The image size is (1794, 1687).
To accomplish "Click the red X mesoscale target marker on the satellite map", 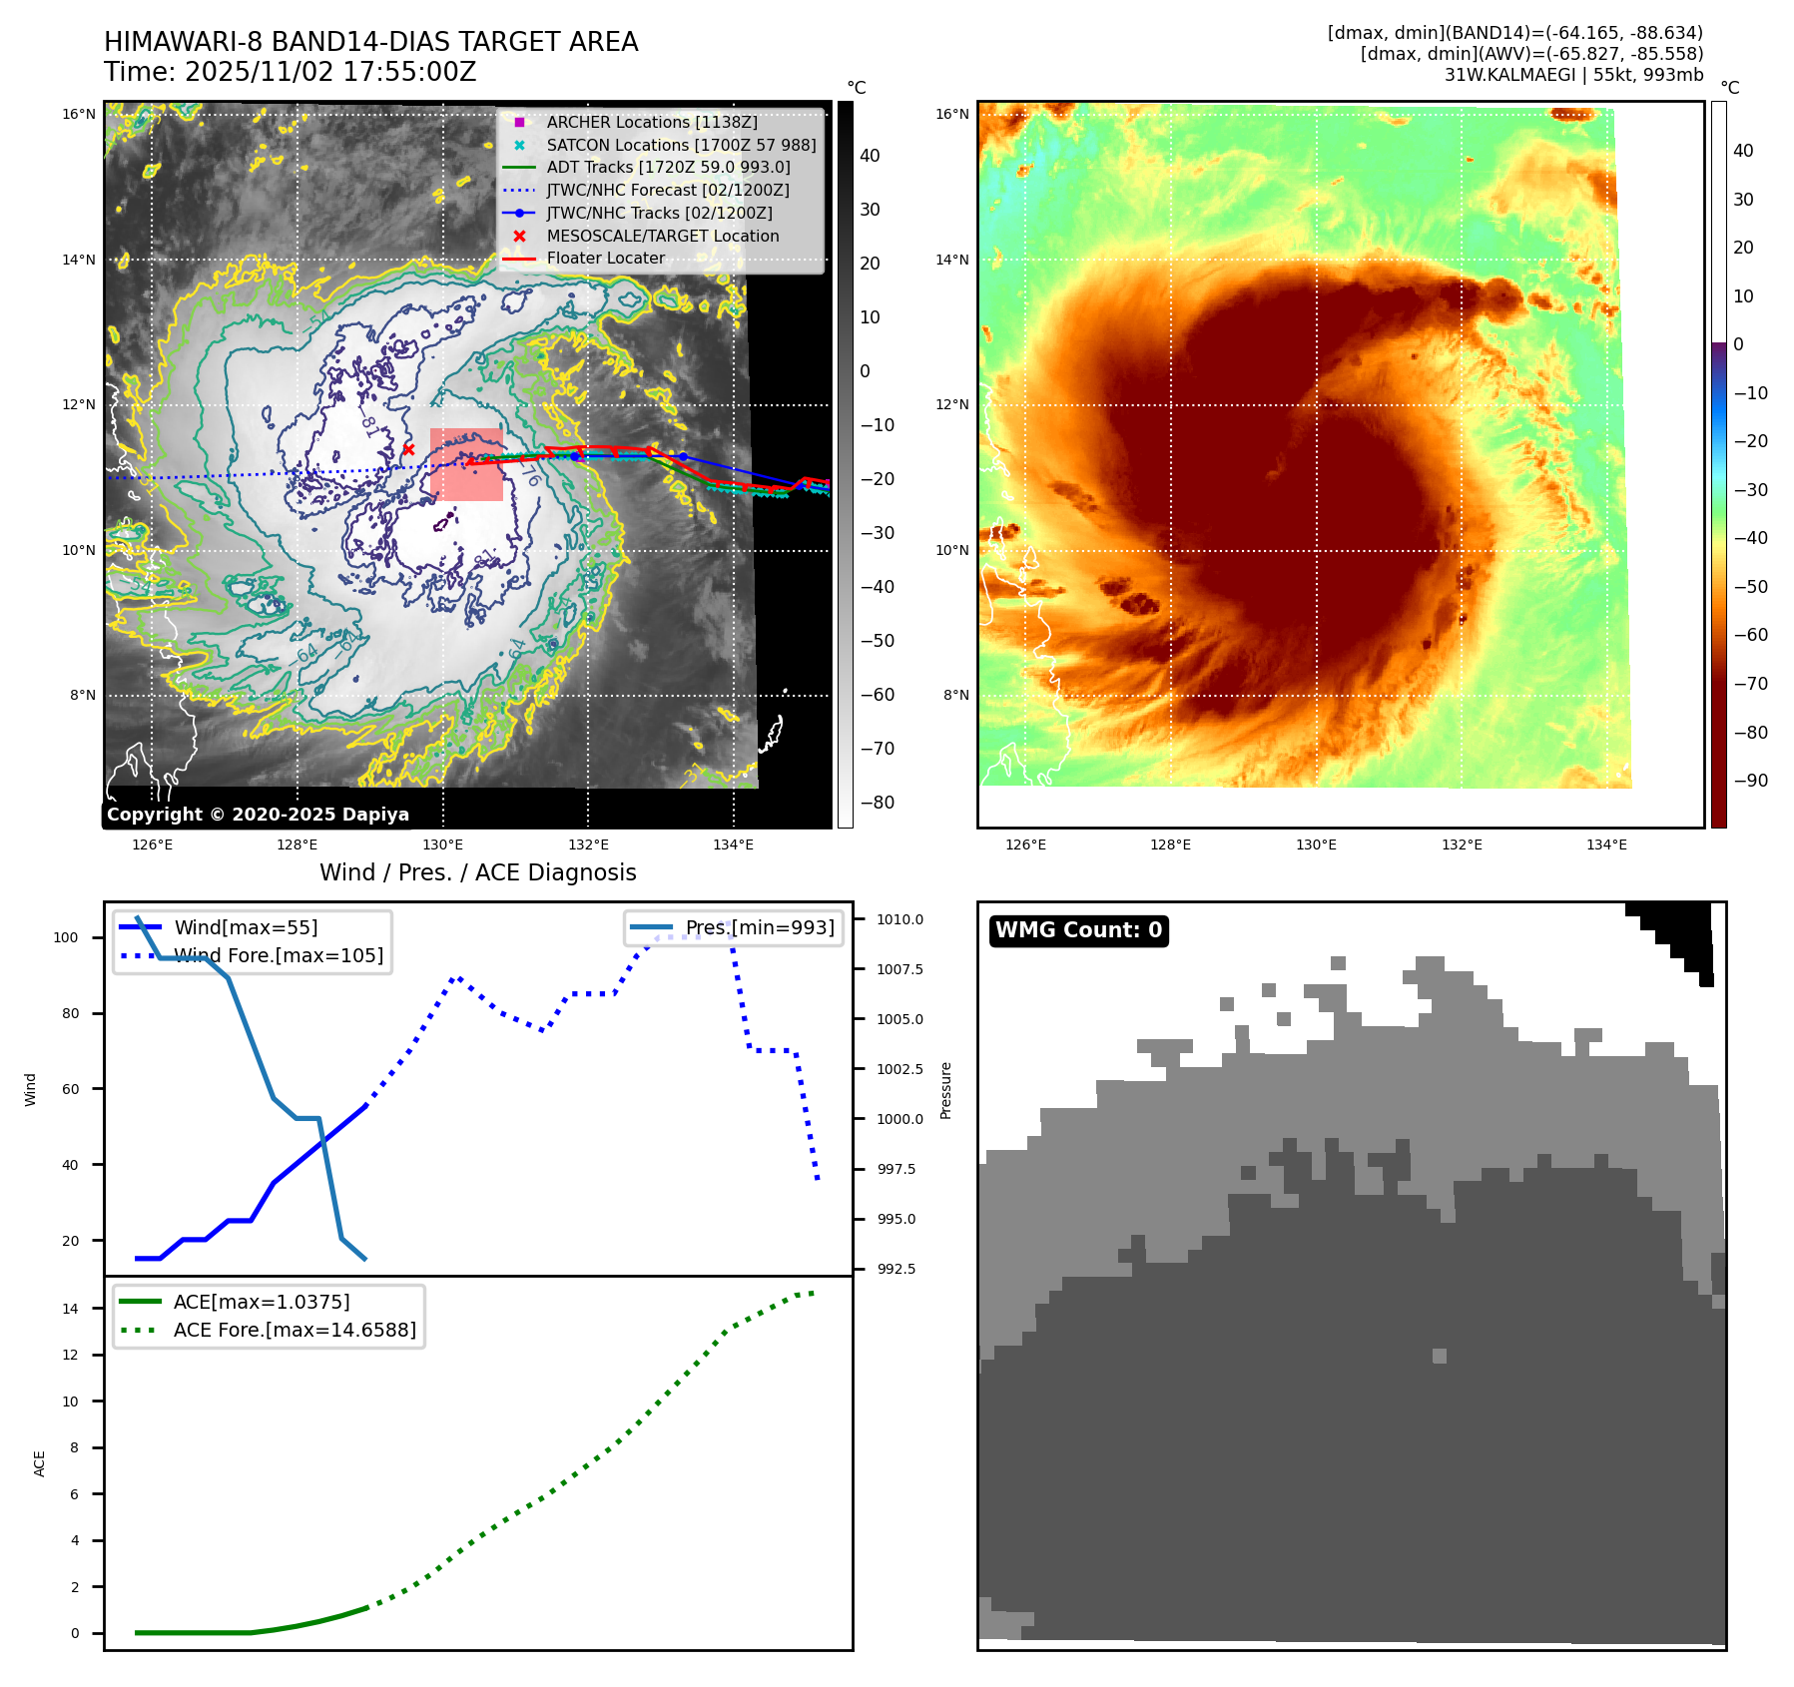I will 408,450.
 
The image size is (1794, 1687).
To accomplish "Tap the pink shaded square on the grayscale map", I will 466,464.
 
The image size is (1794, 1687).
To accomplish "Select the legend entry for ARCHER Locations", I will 651,122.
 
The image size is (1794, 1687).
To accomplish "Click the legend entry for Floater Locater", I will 605,258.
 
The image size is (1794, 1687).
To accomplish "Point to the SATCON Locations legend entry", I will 681,145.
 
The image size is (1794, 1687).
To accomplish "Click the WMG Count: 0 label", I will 1078,930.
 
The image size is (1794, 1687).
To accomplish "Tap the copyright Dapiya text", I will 258,815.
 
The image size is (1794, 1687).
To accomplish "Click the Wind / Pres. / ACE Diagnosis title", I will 477,872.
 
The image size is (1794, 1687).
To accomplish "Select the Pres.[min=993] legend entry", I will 759,927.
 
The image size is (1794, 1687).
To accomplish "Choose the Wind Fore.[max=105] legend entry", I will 278,955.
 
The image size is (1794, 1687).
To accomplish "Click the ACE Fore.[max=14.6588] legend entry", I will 294,1330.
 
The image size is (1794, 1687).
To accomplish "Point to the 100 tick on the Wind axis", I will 66,937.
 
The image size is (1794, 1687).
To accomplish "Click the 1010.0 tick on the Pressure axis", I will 899,919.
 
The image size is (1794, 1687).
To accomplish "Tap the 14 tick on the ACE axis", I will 70,1309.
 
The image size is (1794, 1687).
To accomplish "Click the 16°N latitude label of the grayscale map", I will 79,114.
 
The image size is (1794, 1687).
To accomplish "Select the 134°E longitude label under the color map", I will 1606,844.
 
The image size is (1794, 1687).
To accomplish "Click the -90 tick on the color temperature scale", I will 1750,781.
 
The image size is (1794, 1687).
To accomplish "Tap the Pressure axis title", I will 945,1090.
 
